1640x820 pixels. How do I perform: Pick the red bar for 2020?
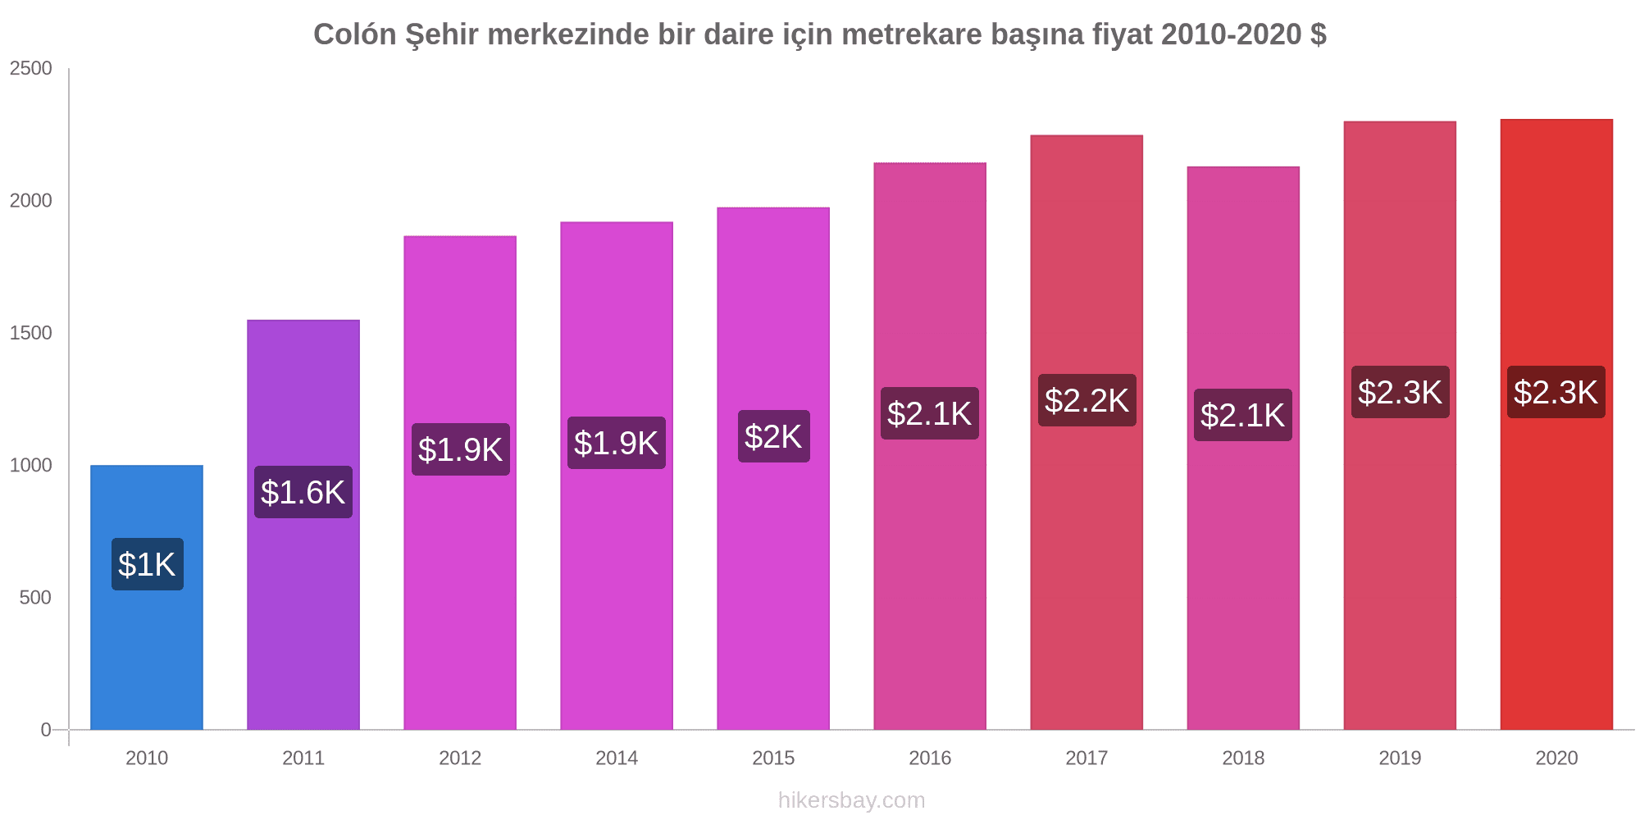coord(1556,558)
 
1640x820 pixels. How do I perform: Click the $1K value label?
coord(148,564)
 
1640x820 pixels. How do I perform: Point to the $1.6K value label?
coord(303,492)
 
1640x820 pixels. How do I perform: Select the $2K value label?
coord(773,436)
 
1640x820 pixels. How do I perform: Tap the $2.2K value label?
coord(1086,400)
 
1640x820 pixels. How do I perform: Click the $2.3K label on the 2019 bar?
coord(1400,392)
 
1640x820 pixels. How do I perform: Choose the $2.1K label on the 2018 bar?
coord(1243,415)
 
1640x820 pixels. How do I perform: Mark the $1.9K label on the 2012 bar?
coord(460,449)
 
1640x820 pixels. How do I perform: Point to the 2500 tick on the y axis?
coord(31,68)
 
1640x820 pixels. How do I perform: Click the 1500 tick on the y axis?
coord(31,333)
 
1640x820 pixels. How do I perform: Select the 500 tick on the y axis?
coord(35,597)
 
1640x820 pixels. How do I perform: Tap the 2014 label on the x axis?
coord(617,758)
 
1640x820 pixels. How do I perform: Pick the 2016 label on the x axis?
coord(930,758)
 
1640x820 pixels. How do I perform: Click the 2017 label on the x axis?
coord(1086,758)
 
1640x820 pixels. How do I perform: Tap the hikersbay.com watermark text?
coord(851,800)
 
